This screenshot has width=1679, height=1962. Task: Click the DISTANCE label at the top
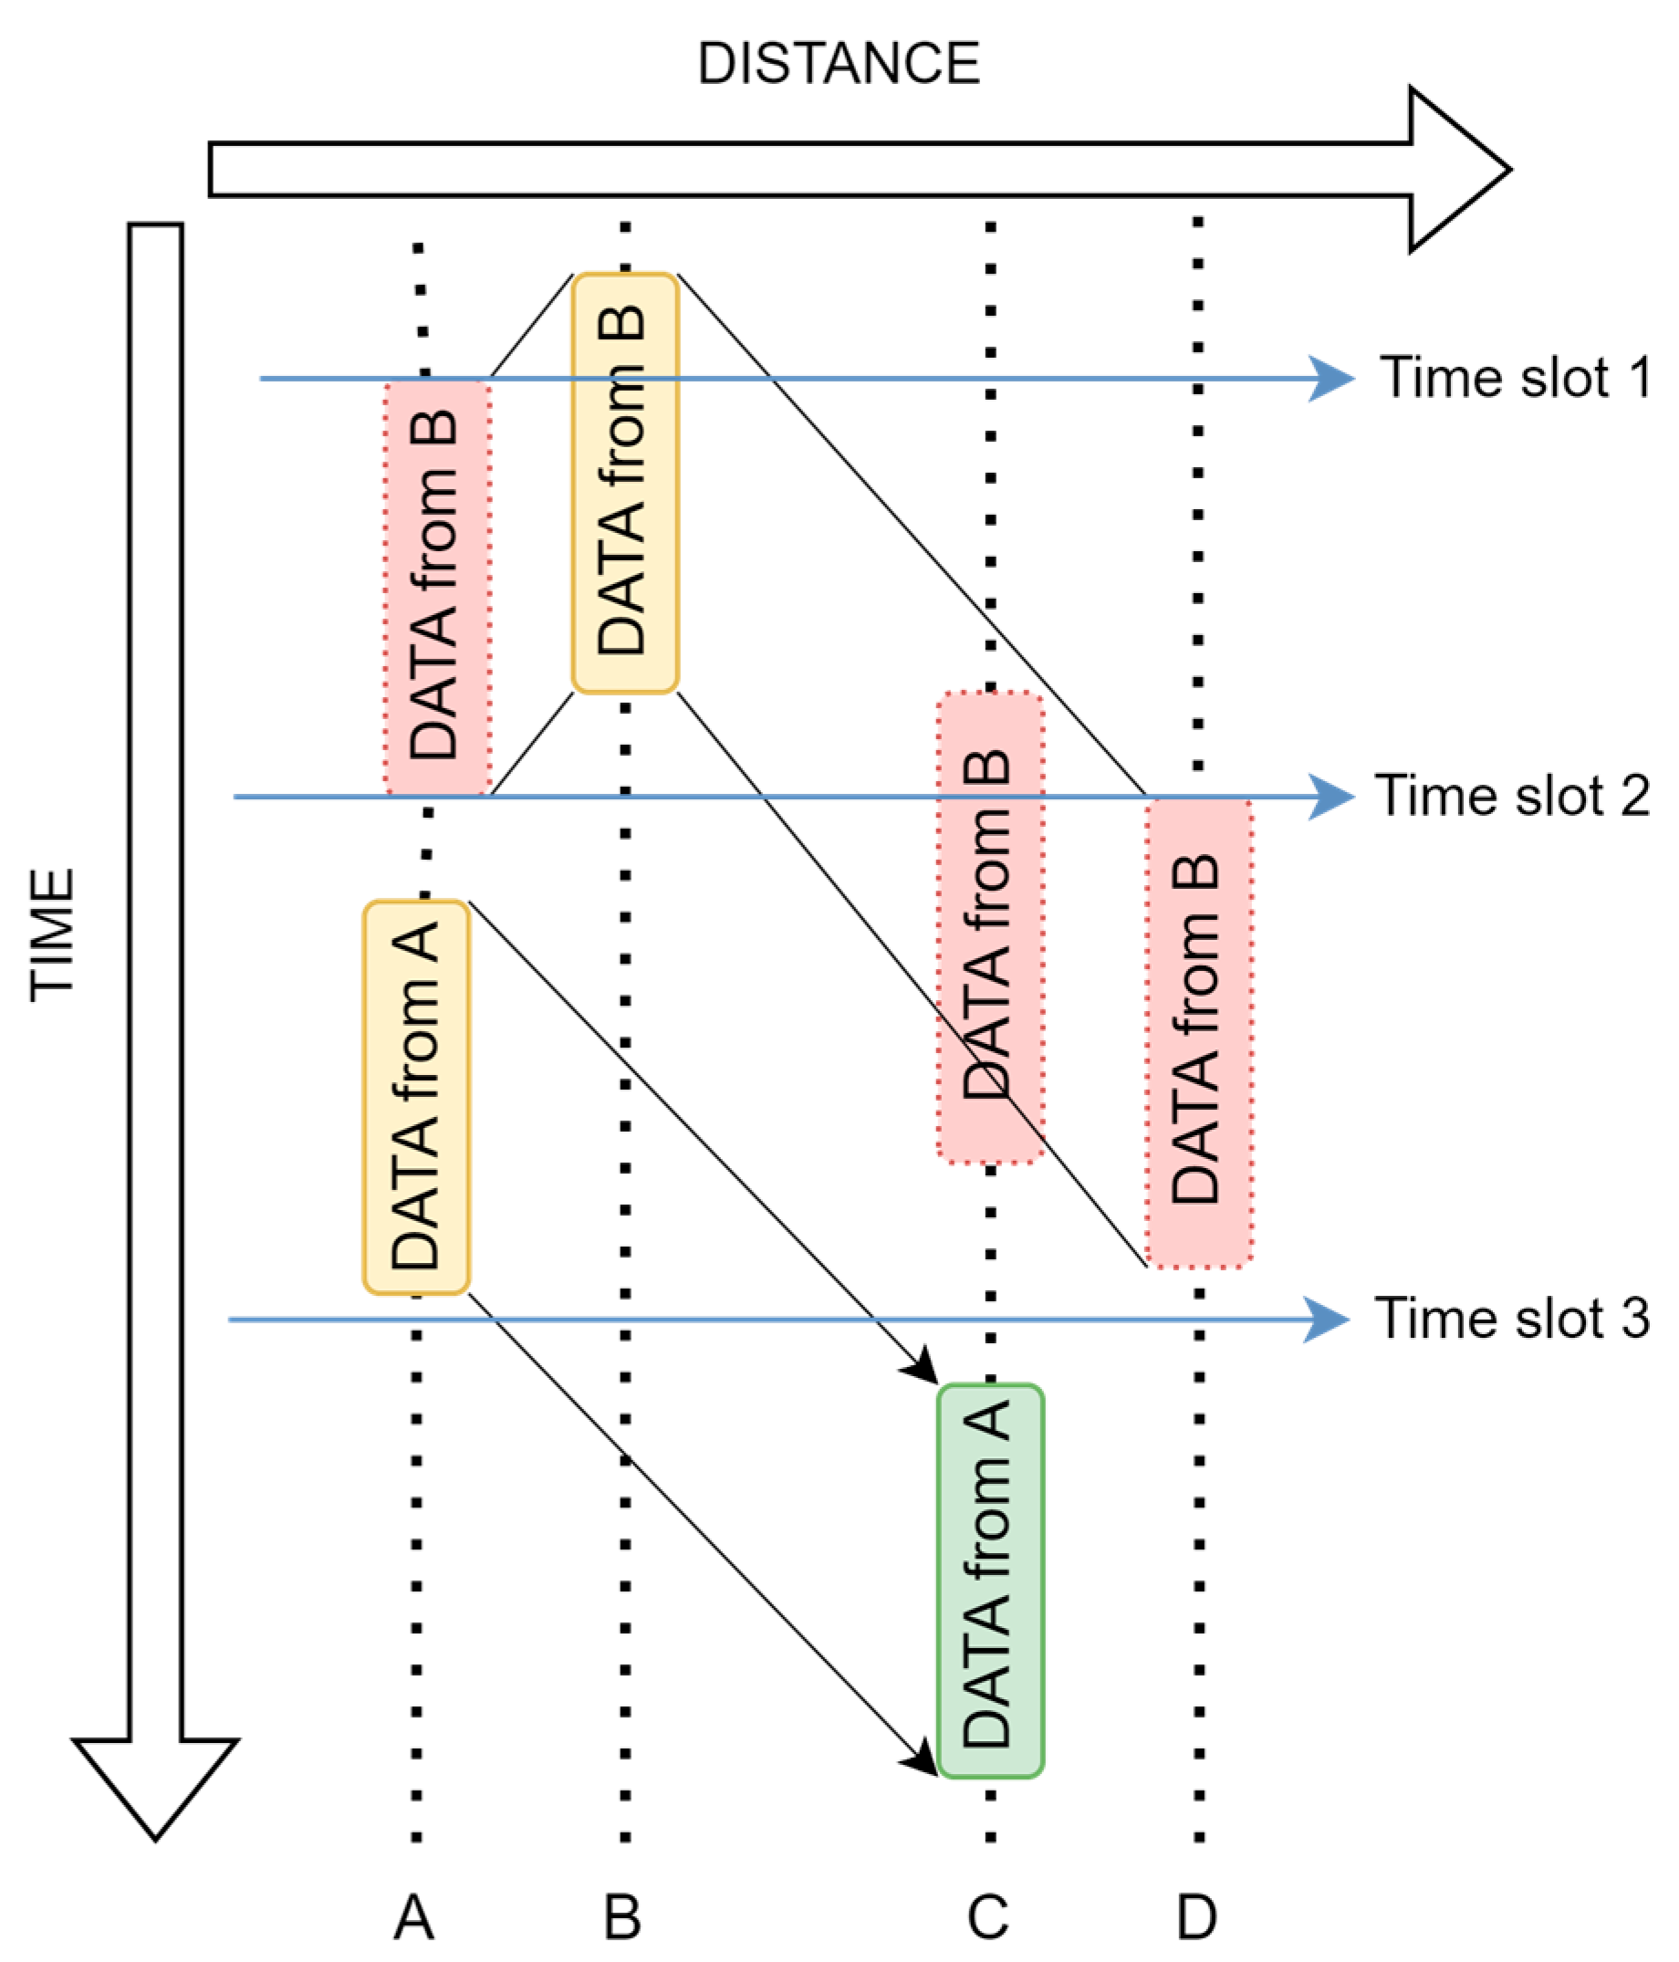pos(838,64)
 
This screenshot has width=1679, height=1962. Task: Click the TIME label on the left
pos(51,934)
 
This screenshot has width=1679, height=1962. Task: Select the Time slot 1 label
pos(1514,377)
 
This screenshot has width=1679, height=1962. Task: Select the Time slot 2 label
pos(1512,795)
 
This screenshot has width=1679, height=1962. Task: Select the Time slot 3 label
pos(1511,1317)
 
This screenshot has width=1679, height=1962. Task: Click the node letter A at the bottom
pos(414,1917)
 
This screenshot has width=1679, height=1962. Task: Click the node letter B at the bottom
pos(623,1917)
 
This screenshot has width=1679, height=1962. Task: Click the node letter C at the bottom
pos(987,1917)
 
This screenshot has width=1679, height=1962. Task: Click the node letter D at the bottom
pos(1196,1917)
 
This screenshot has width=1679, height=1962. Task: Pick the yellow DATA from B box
pos(624,483)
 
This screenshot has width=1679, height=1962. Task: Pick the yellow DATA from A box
pos(416,1097)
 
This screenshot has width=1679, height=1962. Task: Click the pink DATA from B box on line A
pos(436,587)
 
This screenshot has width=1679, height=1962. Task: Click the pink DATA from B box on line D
pos(1198,1032)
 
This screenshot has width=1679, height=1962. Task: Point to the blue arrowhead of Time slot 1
pos(1333,379)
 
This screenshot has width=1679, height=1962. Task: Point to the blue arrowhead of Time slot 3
pos(1328,1319)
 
